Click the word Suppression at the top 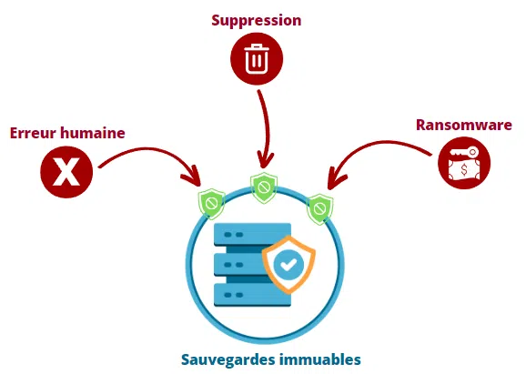tap(256, 19)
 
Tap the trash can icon tap(258, 60)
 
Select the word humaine tap(94, 133)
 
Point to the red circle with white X tap(66, 172)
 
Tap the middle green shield tap(264, 187)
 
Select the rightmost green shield tap(319, 207)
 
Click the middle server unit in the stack tap(238, 265)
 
